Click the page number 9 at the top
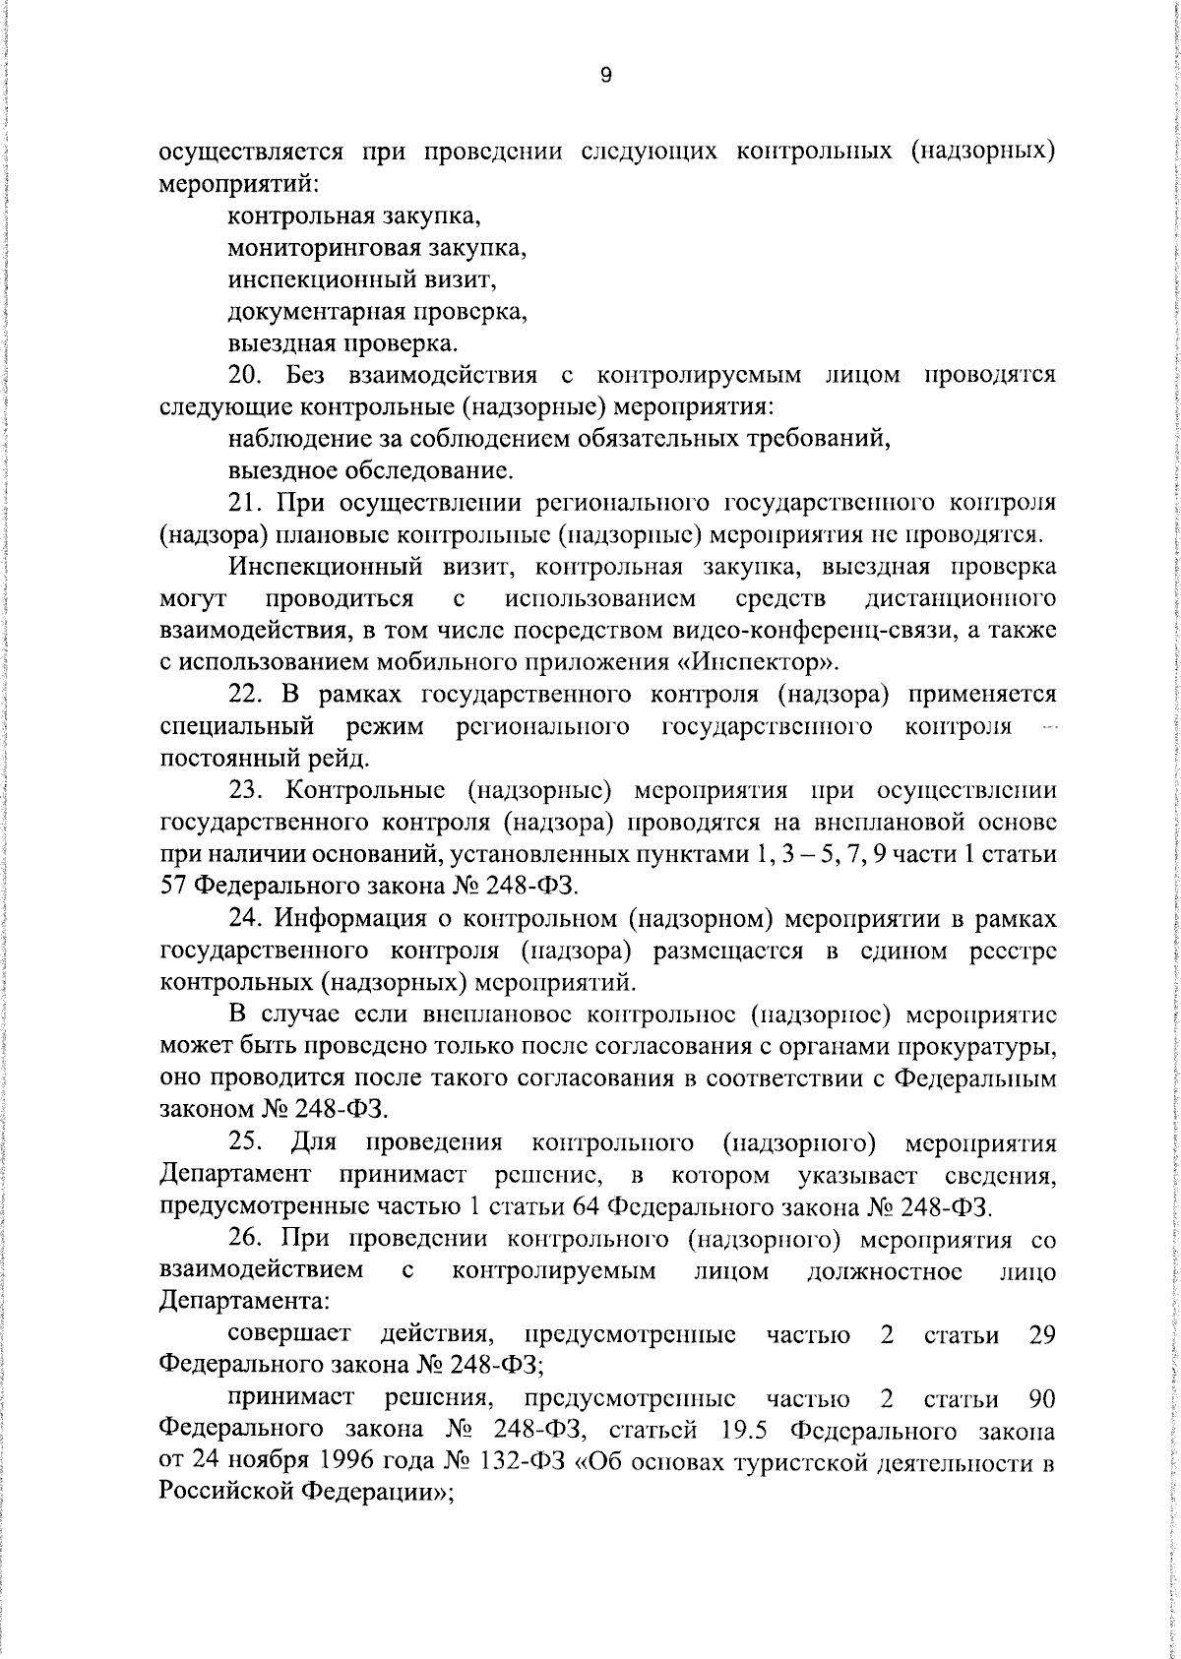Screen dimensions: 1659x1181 605,76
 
